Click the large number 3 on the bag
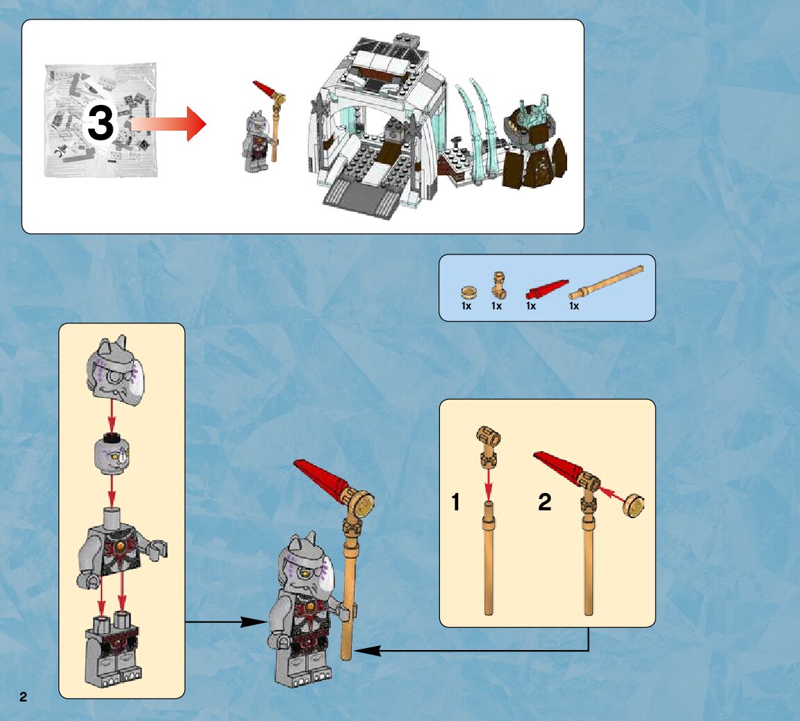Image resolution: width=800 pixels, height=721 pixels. click(x=100, y=125)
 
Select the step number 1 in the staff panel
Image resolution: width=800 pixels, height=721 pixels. click(x=456, y=502)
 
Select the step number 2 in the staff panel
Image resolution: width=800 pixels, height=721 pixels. click(x=544, y=502)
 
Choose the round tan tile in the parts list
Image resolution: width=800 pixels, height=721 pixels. click(x=467, y=291)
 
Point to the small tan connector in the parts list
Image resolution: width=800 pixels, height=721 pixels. click(x=497, y=284)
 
